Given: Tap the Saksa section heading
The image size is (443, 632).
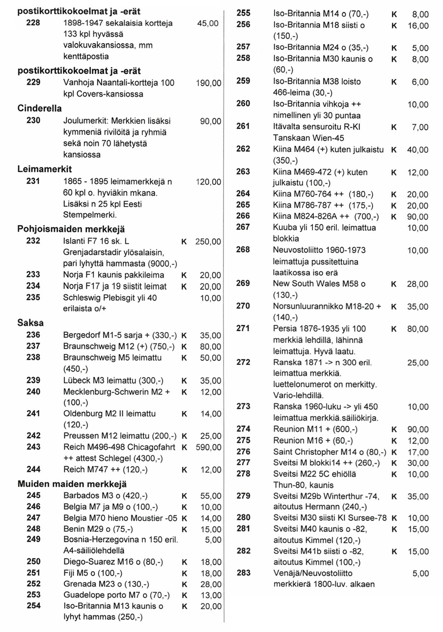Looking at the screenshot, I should click(30, 323).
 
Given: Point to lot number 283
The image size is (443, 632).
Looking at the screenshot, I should click(244, 573).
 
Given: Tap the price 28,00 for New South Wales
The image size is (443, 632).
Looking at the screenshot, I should click(418, 284).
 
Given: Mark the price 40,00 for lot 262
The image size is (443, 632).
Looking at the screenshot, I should click(418, 150).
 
